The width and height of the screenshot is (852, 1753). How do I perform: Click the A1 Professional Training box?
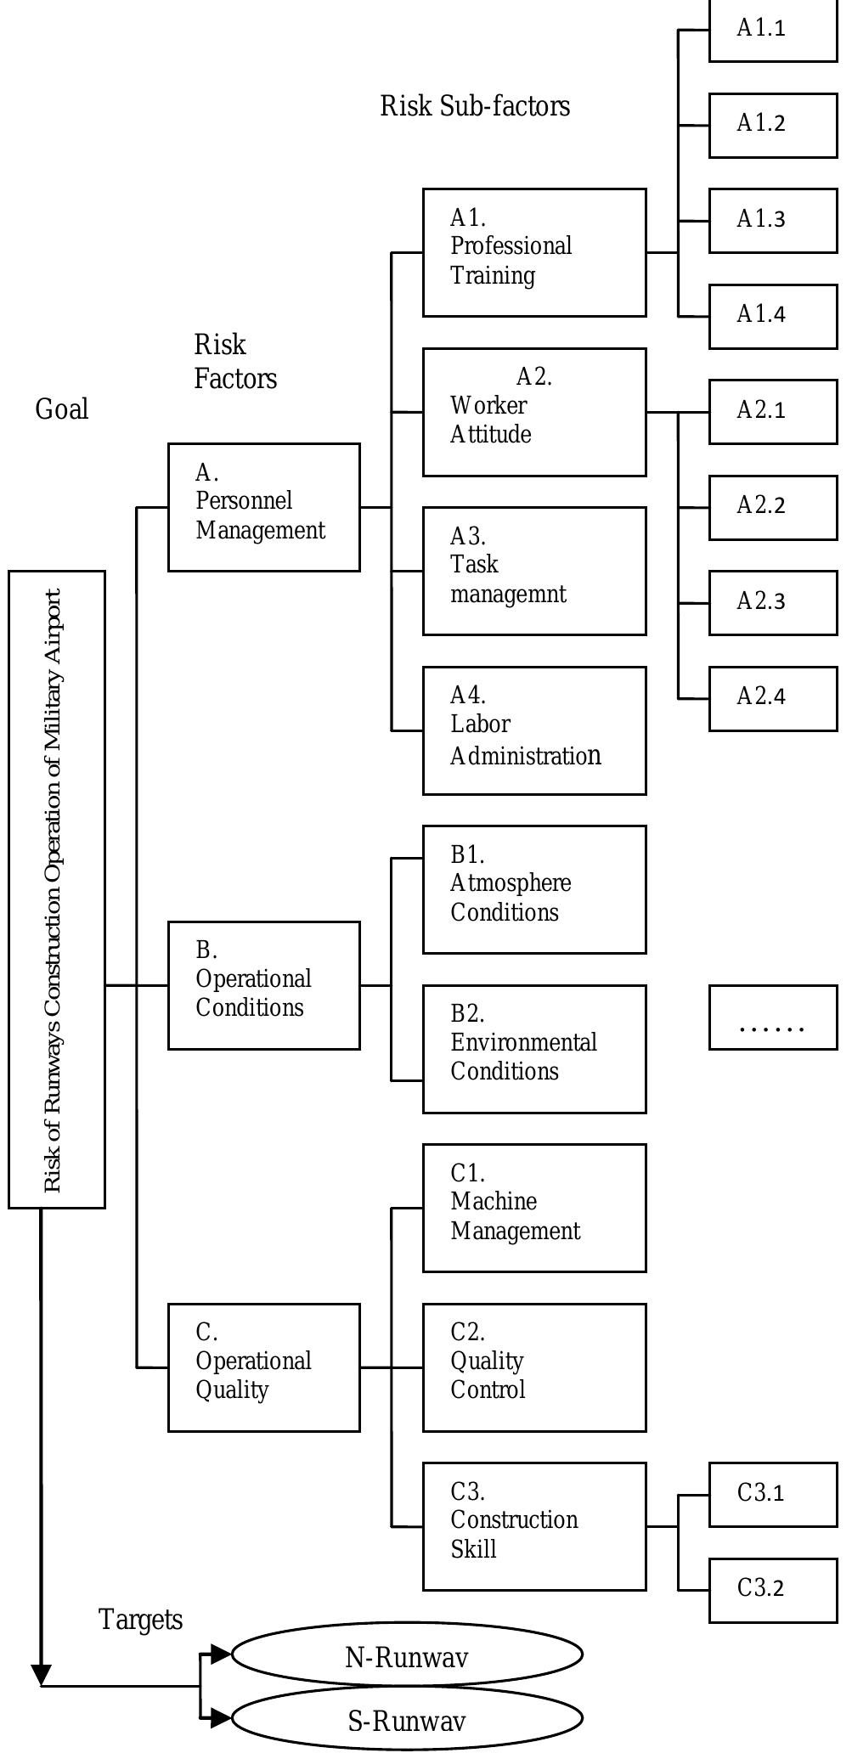[534, 253]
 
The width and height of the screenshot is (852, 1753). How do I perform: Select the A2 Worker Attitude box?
[534, 412]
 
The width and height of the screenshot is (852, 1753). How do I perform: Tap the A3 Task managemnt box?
[534, 571]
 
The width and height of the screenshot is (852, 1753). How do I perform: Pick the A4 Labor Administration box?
[534, 730]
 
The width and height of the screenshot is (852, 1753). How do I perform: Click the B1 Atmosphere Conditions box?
[534, 889]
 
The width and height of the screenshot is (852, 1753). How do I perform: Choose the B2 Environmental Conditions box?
[534, 1049]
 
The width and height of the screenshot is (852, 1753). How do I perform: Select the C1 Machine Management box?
[534, 1208]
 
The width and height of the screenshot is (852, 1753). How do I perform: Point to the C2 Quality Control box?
[534, 1367]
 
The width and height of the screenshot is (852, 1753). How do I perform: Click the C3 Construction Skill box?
[534, 1526]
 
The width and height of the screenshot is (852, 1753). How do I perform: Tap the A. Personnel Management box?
[263, 507]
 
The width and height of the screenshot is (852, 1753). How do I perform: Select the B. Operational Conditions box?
[263, 985]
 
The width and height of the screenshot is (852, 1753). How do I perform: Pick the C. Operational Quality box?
[263, 1367]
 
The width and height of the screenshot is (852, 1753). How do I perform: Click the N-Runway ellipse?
[407, 1654]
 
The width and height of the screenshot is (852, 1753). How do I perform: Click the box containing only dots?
[773, 1017]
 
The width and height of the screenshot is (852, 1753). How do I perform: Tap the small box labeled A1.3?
[773, 221]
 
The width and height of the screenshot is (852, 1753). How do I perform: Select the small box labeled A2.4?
[773, 698]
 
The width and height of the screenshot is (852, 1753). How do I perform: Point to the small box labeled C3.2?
[773, 1590]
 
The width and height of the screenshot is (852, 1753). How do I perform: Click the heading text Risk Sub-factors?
[475, 106]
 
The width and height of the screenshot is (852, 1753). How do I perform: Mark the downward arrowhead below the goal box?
[41, 1674]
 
